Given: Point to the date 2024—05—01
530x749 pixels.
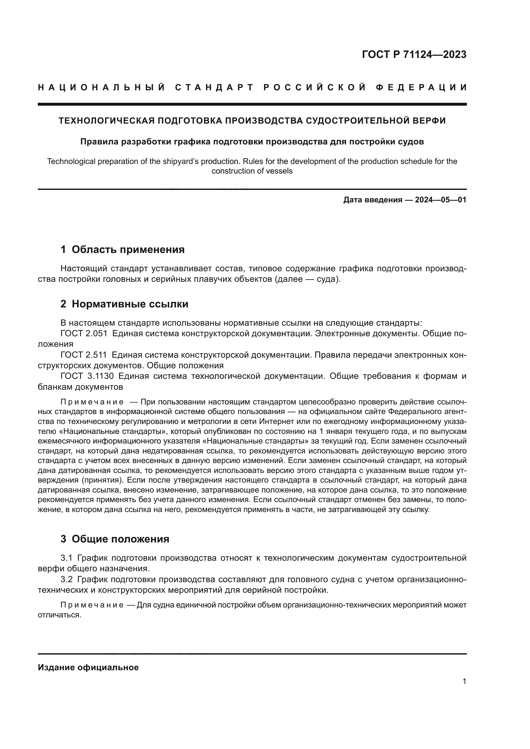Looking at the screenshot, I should tap(441, 199).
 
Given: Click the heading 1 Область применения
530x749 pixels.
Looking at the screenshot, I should tap(122, 249).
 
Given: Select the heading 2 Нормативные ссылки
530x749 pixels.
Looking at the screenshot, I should tap(124, 304).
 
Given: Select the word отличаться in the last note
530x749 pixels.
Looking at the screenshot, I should tap(59, 615).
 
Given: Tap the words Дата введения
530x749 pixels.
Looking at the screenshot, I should tap(372, 199).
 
